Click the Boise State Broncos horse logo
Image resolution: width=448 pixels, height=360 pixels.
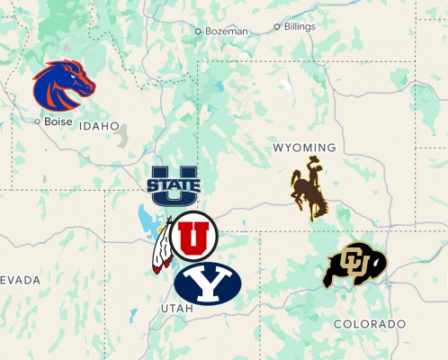click(x=63, y=84)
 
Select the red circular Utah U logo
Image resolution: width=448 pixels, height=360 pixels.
click(x=193, y=236)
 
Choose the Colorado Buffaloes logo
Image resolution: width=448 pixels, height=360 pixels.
click(x=354, y=265)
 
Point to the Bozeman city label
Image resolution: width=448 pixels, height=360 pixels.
click(x=226, y=31)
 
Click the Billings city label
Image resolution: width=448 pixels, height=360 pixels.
click(x=300, y=27)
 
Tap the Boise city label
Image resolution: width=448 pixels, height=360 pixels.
click(x=58, y=121)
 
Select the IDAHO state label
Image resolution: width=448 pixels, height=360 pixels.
click(x=99, y=127)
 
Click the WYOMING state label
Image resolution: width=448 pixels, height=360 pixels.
click(x=304, y=148)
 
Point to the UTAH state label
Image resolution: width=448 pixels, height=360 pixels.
click(x=176, y=309)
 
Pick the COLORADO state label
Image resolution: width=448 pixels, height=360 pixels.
click(x=369, y=323)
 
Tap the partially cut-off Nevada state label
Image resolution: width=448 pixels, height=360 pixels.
click(x=20, y=281)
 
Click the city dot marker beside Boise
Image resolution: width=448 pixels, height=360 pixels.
click(x=37, y=121)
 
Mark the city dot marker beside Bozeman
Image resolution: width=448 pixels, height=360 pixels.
click(x=199, y=31)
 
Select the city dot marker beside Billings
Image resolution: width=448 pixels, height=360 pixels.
click(x=277, y=27)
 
